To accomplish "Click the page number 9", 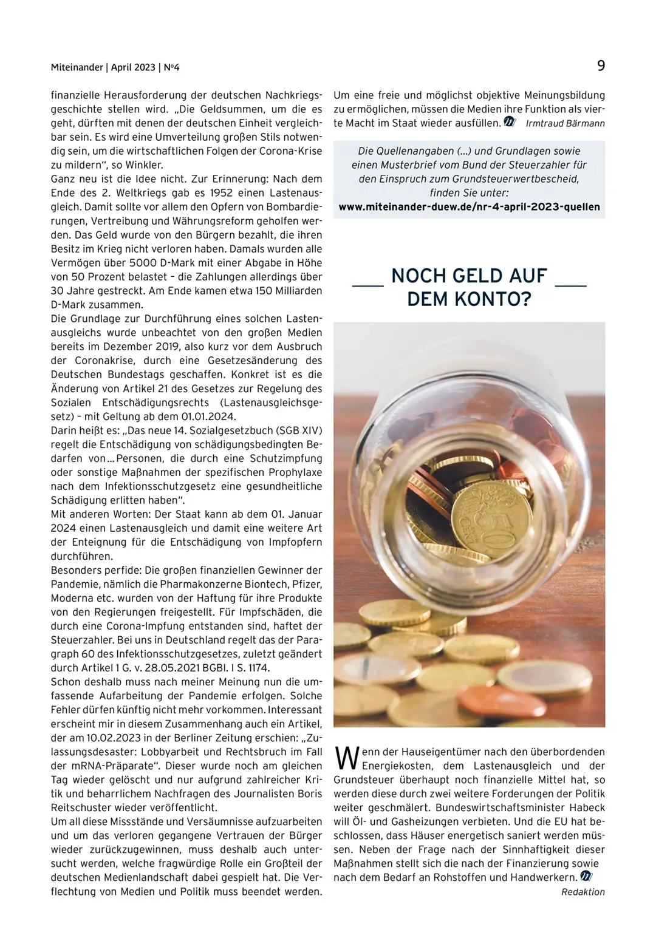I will click(601, 66).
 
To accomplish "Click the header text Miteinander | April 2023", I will click(103, 67).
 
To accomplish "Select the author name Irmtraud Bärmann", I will click(565, 123).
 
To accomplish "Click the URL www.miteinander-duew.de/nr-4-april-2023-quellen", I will click(469, 206).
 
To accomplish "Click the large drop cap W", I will click(346, 759).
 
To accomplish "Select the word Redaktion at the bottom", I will click(583, 892).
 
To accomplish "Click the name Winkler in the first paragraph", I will click(145, 165).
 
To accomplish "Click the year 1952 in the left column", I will click(224, 193).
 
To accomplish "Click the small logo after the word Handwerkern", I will click(586, 876).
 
